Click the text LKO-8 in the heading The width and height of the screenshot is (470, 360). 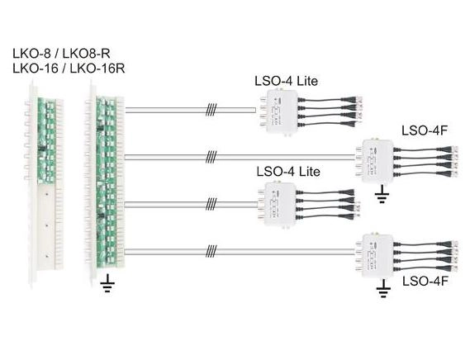31,54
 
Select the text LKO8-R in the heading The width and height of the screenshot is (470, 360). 87,54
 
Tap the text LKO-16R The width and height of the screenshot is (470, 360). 97,69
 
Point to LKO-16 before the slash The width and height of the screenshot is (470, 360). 36,69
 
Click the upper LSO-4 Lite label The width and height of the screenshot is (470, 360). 287,81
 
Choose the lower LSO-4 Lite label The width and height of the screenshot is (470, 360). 288,172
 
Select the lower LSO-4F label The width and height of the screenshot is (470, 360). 425,282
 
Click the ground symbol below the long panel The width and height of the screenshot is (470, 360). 107,284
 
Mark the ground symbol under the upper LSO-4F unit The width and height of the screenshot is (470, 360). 382,195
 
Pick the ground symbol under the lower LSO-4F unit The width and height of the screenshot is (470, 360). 383,289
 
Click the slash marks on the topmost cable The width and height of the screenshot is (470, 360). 211,110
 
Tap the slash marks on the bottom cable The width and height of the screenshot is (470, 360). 211,252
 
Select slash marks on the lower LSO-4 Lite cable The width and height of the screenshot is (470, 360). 211,204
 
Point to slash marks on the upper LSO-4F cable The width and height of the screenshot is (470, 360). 211,157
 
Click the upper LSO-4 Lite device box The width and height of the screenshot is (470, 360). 278,111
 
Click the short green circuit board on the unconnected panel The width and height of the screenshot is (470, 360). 47,140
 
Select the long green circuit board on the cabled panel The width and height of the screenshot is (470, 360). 106,182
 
